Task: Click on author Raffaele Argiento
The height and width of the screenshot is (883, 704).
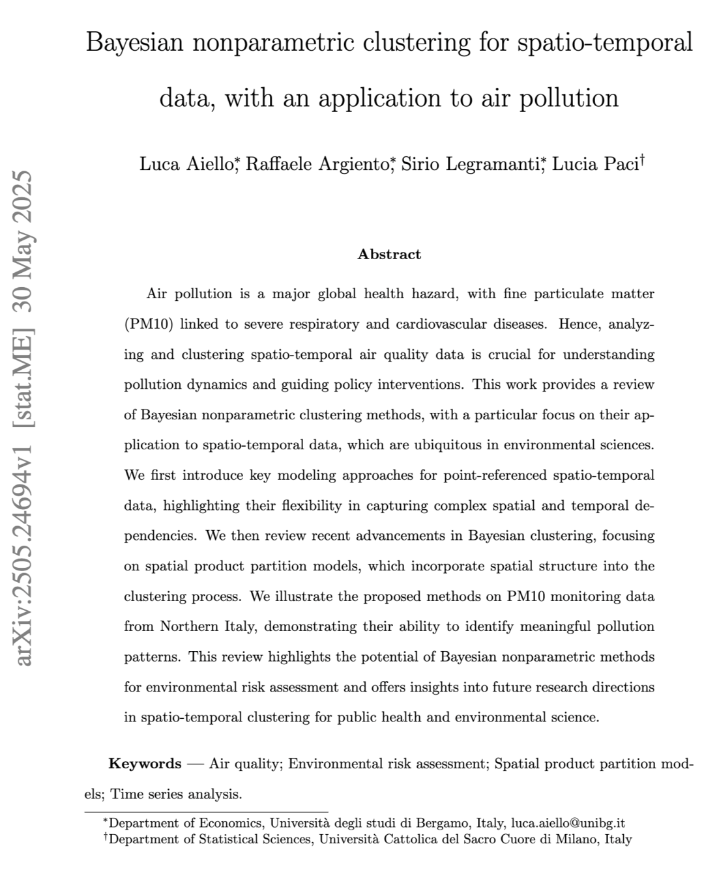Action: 317,164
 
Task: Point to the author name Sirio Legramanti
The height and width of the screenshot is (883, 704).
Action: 470,164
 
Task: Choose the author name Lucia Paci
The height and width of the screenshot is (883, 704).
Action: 594,164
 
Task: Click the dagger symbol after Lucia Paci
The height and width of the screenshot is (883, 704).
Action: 643,160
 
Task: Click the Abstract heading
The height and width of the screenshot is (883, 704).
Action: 389,255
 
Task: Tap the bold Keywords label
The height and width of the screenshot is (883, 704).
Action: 145,764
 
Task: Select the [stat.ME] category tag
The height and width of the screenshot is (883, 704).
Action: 23,374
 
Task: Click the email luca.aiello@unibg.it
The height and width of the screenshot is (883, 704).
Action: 568,823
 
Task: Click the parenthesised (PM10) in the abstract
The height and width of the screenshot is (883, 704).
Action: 149,324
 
